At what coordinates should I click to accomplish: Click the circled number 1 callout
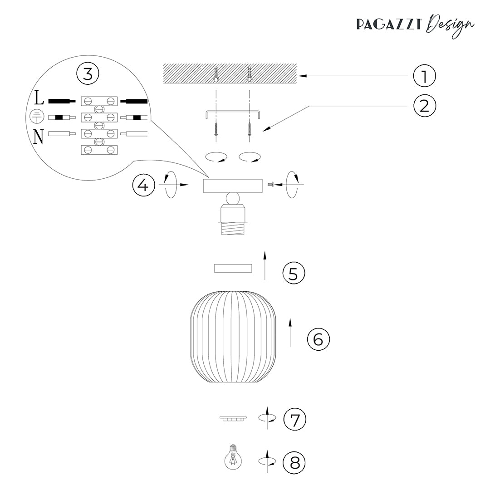(424, 76)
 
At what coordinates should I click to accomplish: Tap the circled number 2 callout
(424, 106)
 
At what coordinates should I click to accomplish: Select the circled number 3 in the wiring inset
(88, 74)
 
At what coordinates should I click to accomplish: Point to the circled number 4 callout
(144, 185)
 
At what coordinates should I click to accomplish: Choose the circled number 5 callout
(294, 273)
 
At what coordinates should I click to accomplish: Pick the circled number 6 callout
(318, 339)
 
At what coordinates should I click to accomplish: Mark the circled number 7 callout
(295, 419)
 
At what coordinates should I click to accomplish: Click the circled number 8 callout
(294, 462)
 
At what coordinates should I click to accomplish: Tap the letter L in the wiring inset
(39, 98)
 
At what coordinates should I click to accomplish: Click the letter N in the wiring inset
(38, 137)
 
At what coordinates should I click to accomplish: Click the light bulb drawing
(233, 457)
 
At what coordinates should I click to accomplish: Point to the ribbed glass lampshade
(233, 337)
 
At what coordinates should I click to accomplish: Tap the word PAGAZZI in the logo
(389, 24)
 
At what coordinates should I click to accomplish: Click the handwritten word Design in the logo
(451, 25)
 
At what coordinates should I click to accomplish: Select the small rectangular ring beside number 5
(233, 268)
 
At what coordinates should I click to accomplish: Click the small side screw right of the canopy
(270, 185)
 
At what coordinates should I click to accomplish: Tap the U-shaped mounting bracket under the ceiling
(233, 114)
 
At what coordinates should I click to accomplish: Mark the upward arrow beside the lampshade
(290, 333)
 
